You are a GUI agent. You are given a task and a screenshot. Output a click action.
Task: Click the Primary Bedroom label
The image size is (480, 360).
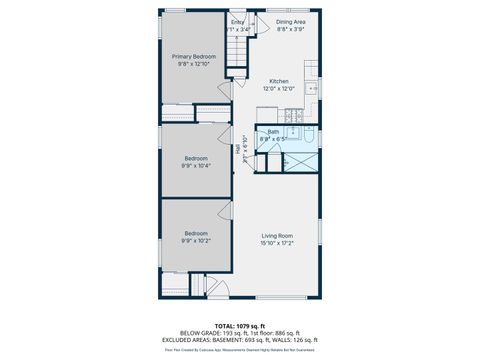pyautogui.click(x=196, y=57)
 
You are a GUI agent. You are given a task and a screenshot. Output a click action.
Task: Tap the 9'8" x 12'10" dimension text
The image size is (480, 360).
pyautogui.click(x=196, y=64)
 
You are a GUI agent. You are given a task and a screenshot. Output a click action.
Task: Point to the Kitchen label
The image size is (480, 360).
pyautogui.click(x=278, y=81)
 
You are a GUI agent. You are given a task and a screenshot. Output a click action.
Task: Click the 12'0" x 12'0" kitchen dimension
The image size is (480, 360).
pyautogui.click(x=278, y=88)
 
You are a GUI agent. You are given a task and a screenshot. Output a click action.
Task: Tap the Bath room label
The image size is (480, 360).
pyautogui.click(x=273, y=132)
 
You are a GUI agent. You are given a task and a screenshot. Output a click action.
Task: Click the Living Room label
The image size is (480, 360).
pyautogui.click(x=278, y=236)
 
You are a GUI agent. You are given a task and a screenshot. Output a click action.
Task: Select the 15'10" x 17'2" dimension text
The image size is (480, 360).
pyautogui.click(x=278, y=243)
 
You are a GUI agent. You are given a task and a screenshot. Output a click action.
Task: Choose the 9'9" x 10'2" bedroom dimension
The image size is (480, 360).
pyautogui.click(x=196, y=240)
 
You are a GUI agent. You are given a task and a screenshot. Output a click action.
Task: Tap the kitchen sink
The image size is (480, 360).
pyautogui.click(x=313, y=88)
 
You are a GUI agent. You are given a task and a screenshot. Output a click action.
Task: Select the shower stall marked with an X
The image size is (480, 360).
pyautogui.click(x=300, y=161)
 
